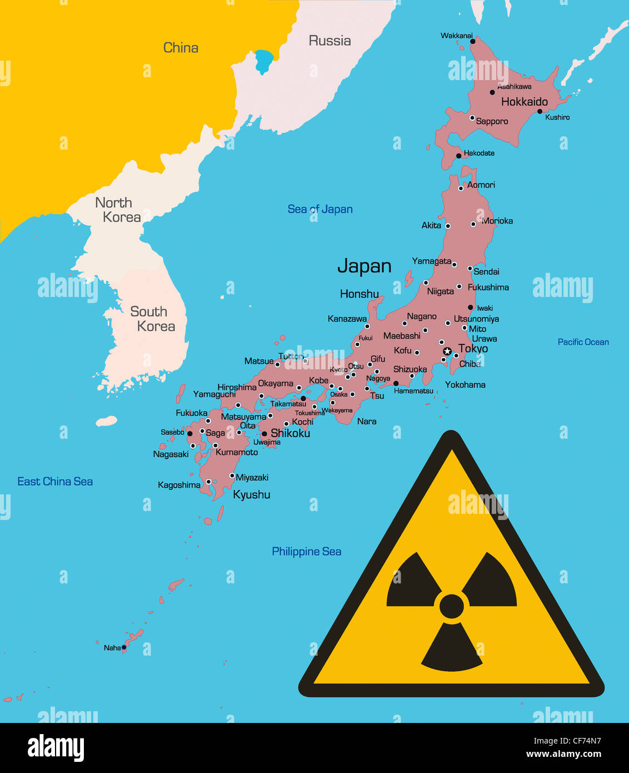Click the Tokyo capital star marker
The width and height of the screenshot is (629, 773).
447,351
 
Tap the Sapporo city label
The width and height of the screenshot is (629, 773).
492,121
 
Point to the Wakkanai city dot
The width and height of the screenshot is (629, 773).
473,41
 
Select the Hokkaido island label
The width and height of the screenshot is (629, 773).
524,102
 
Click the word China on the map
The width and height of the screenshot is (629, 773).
181,48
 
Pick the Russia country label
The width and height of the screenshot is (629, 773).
330,41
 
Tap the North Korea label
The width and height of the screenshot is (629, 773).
117,210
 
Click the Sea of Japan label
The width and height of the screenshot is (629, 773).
320,209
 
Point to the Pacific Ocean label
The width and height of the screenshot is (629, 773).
583,342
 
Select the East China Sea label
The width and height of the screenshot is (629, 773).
55,482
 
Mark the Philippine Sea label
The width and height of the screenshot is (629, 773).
306,552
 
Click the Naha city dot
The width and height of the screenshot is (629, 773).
124,647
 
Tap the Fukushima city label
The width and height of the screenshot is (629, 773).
488,288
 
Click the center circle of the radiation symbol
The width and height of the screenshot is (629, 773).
451,606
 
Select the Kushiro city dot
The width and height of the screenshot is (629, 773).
540,111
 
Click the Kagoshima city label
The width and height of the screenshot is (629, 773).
179,485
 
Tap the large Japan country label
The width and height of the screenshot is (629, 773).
365,266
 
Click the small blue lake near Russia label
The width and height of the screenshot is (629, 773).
264,60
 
